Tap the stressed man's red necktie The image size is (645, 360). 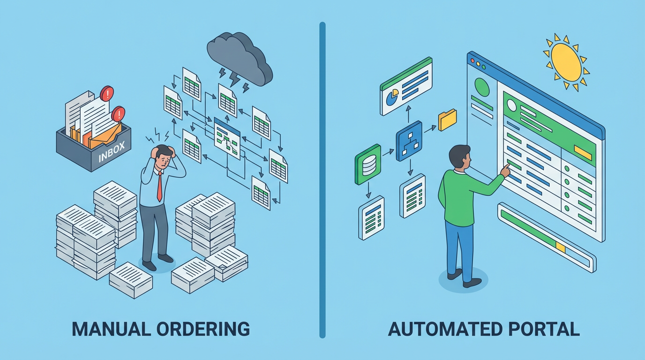[x=159, y=186]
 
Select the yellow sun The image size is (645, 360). [x=566, y=61]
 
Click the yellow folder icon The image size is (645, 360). [x=447, y=120]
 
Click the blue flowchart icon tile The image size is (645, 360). [x=409, y=141]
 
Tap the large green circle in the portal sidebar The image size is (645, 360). [x=482, y=87]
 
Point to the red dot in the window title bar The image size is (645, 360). [x=472, y=60]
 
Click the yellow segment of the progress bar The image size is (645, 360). [x=561, y=245]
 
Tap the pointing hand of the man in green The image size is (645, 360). [x=505, y=170]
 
